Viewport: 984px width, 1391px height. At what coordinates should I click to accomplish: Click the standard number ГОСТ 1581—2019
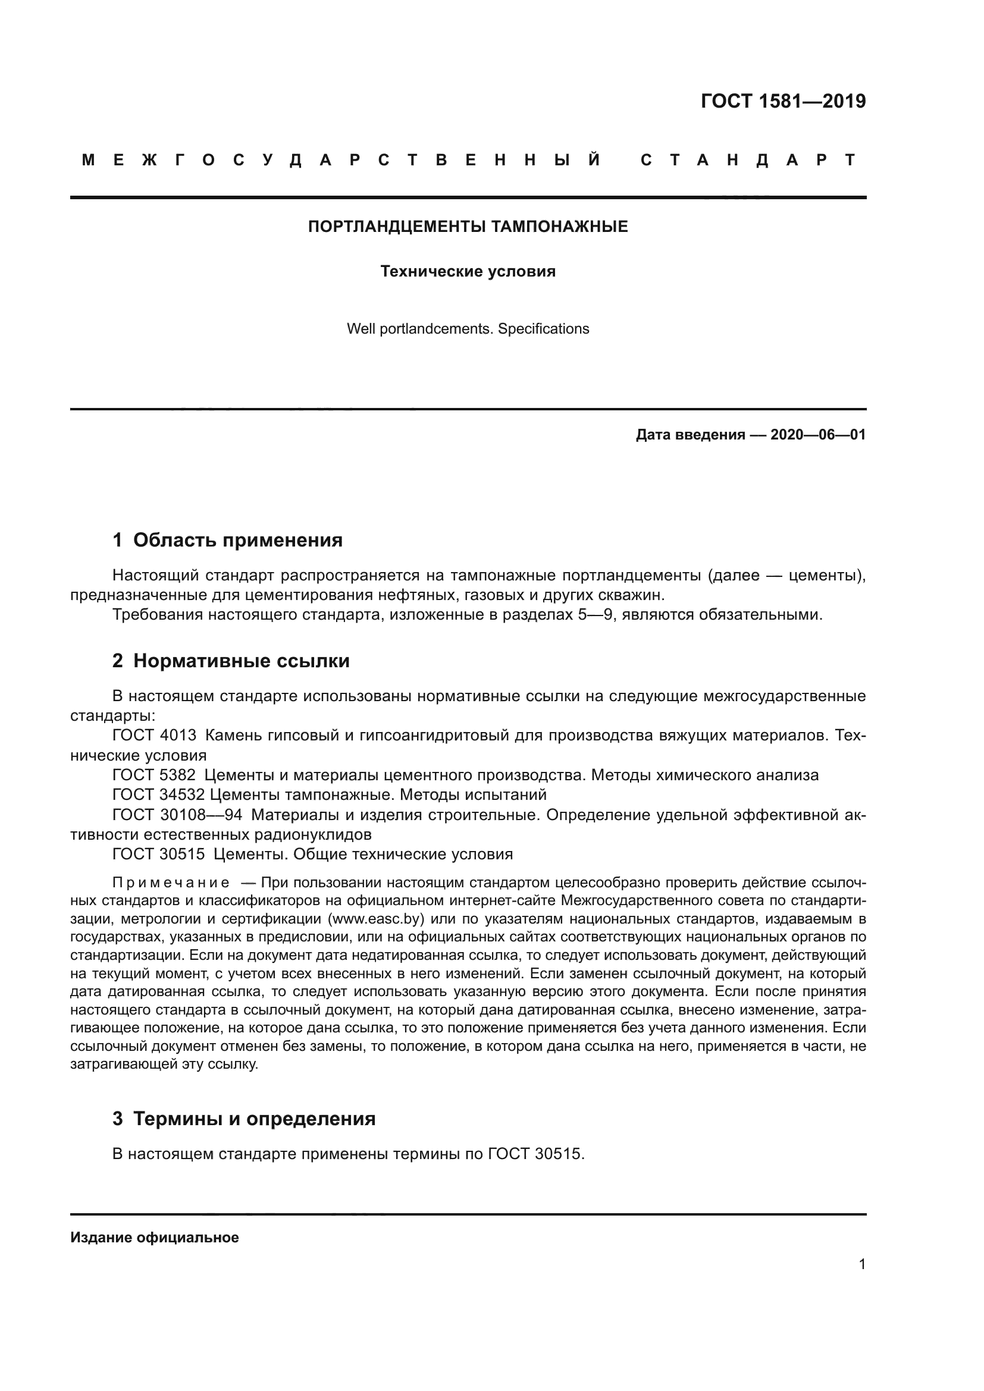(x=783, y=101)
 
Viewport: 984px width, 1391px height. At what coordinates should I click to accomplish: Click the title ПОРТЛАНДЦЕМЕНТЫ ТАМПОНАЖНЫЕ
(x=468, y=227)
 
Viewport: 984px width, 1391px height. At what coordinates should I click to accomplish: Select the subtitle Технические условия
(x=468, y=271)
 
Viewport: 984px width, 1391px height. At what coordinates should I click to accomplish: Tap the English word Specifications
(x=543, y=329)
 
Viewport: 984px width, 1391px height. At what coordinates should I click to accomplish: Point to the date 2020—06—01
(x=818, y=434)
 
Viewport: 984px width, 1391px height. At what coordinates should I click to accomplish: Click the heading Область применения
(x=237, y=540)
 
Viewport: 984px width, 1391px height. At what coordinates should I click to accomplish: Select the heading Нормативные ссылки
(x=241, y=660)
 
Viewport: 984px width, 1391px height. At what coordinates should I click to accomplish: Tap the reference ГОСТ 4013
(x=155, y=736)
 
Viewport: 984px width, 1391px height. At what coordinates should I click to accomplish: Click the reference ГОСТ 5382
(x=155, y=775)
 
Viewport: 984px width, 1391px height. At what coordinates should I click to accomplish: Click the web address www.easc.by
(x=374, y=918)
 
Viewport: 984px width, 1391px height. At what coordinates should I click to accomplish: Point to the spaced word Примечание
(x=170, y=882)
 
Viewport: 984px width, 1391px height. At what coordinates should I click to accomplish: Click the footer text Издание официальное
(x=155, y=1238)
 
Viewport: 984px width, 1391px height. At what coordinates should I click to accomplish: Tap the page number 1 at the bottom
(x=862, y=1264)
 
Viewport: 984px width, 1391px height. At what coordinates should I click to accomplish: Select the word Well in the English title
(x=361, y=329)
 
